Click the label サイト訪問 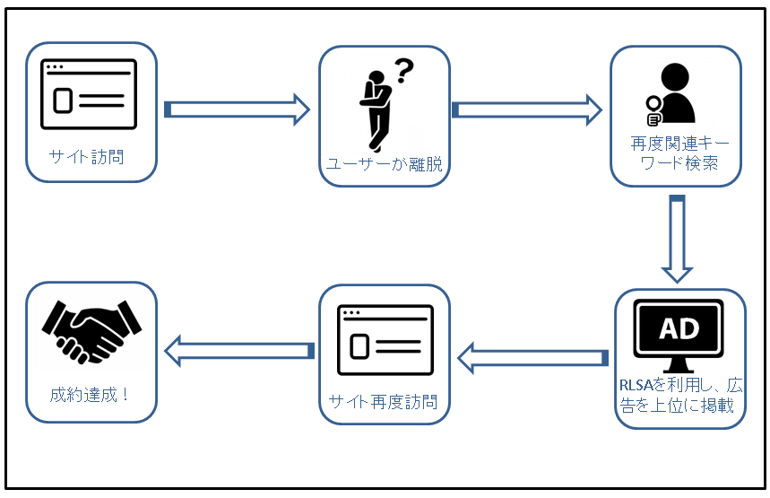tap(86, 157)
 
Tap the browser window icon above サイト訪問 tap(89, 94)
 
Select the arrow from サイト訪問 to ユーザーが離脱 tap(238, 109)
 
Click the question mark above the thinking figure tap(405, 70)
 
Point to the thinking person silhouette tap(376, 110)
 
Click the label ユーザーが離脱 tap(385, 163)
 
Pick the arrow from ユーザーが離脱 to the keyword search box tap(527, 109)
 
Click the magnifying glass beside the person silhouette tap(653, 110)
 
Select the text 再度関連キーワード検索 tap(679, 153)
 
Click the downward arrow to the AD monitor tap(677, 239)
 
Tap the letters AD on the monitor tap(679, 328)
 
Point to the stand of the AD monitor tap(679, 365)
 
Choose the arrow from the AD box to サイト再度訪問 tap(532, 358)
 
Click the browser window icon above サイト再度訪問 tap(385, 340)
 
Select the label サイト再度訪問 tap(383, 402)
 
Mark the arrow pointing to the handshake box tap(239, 351)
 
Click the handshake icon tap(91, 332)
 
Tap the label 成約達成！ tap(90, 395)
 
